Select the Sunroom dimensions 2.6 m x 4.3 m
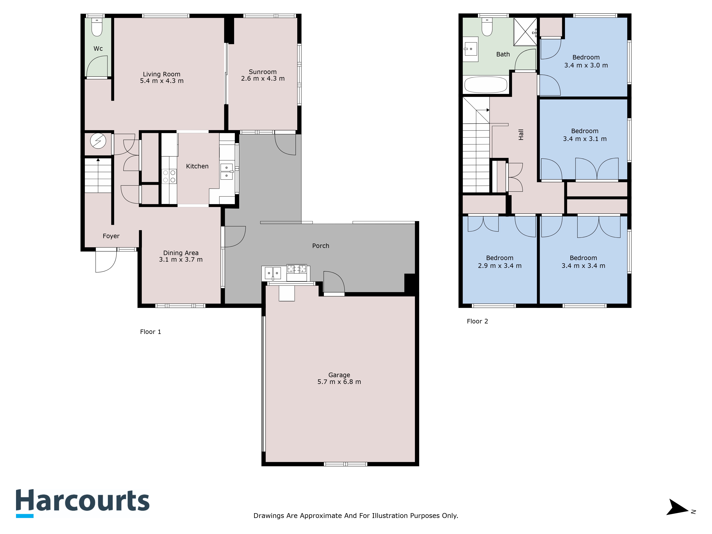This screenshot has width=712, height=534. click(x=263, y=78)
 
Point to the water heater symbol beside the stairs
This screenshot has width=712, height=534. click(x=98, y=141)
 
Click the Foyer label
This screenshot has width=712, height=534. click(x=111, y=236)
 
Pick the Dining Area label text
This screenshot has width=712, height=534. click(x=181, y=253)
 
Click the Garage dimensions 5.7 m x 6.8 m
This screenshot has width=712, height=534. click(x=339, y=382)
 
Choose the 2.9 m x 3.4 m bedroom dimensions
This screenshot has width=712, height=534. click(x=500, y=266)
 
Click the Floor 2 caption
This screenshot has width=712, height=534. click(x=477, y=321)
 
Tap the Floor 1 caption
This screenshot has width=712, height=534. click(x=150, y=332)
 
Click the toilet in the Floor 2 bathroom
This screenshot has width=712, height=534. click(x=487, y=27)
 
